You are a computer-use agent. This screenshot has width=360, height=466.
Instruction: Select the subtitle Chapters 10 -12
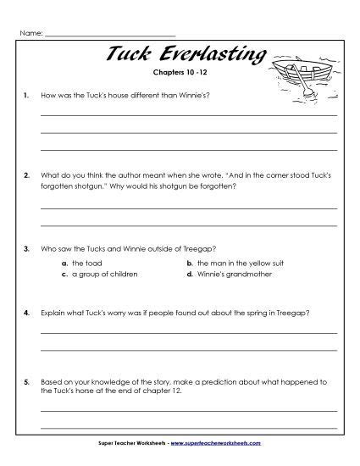[182, 73]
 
